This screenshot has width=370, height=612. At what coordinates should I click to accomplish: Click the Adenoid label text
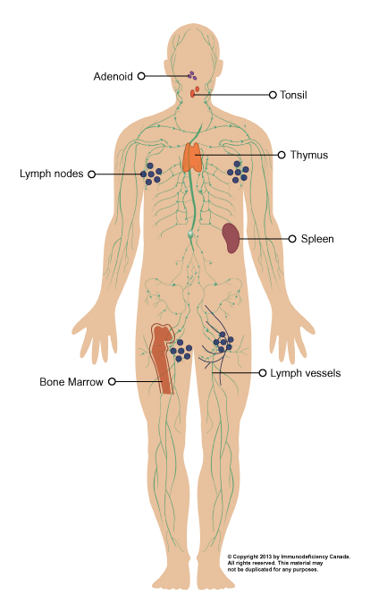114,76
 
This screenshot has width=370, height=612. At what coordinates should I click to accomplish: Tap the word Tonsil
293,95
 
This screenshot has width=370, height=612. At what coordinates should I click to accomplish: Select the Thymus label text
309,155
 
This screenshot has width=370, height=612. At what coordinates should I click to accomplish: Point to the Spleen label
317,239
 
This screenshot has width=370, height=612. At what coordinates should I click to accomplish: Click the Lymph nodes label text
52,174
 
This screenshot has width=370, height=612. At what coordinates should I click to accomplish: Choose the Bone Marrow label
71,382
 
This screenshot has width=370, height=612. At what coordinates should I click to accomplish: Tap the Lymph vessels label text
306,373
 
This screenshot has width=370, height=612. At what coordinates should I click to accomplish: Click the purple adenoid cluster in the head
192,75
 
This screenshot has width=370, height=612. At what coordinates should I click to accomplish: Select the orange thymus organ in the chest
193,157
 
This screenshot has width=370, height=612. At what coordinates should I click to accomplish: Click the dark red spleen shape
231,238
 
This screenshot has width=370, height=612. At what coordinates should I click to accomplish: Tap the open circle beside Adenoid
141,76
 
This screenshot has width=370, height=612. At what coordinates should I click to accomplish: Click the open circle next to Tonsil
273,95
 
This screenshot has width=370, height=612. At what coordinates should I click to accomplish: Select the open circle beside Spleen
292,239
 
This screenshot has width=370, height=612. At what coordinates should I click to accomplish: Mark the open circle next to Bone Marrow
112,381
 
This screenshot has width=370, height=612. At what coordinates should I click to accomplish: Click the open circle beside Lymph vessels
263,373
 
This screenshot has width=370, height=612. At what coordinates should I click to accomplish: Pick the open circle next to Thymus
282,155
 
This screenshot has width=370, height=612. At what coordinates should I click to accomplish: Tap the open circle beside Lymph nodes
92,174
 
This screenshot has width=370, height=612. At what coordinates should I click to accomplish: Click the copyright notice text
289,563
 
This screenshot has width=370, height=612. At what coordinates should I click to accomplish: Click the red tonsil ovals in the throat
195,92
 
